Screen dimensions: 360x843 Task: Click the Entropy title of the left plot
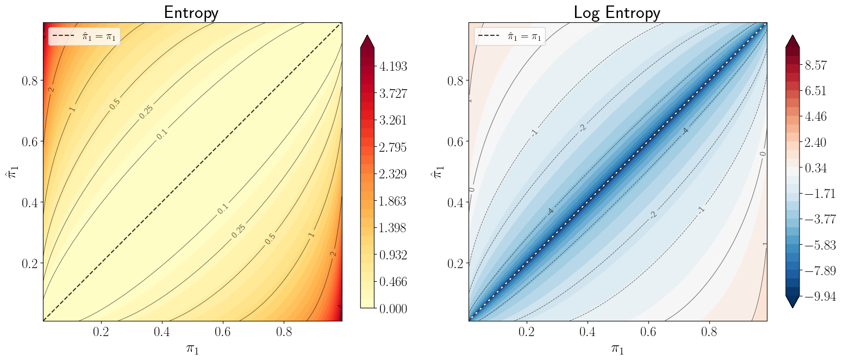[x=191, y=13]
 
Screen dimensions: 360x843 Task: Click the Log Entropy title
[x=617, y=13]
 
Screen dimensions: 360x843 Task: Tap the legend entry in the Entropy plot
[x=85, y=36]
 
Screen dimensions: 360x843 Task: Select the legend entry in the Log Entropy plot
[x=510, y=36]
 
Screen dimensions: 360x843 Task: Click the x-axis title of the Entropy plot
[x=192, y=348]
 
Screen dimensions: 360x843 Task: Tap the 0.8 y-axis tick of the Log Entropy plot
[x=455, y=80]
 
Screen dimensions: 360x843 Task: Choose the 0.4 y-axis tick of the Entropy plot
[x=29, y=202]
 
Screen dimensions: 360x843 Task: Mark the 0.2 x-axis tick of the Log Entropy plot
[x=526, y=332]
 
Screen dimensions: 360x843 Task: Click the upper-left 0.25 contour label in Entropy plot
[x=145, y=112]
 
